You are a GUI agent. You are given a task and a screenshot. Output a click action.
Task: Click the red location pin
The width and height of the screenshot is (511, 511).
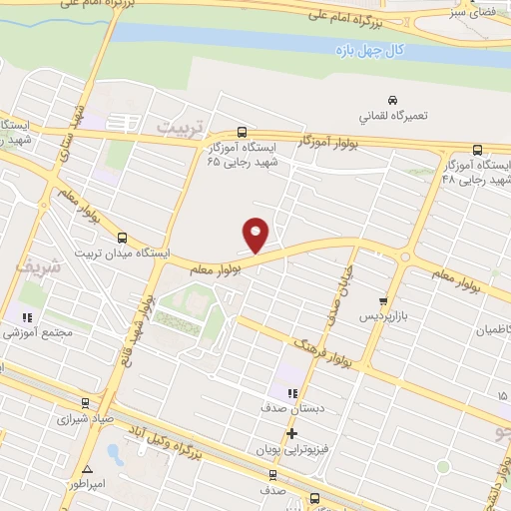pyautogui.click(x=256, y=234)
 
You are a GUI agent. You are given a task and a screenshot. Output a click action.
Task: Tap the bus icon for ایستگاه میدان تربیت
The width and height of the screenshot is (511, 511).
pyautogui.click(x=123, y=238)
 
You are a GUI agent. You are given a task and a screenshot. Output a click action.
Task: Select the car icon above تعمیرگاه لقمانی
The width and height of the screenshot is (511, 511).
pyautogui.click(x=393, y=100)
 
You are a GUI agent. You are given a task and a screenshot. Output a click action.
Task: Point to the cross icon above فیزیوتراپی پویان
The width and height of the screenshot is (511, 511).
pyautogui.click(x=291, y=434)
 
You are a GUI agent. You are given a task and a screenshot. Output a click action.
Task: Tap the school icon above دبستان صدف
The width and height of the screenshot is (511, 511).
pyautogui.click(x=291, y=393)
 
